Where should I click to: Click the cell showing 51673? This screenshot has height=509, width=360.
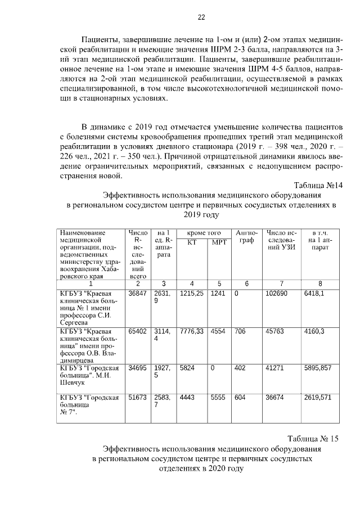coord(137,397)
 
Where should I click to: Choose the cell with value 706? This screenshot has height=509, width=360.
coord(240,331)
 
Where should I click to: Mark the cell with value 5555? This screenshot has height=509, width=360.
coord(217,397)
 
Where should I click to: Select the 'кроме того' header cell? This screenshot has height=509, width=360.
coord(204,233)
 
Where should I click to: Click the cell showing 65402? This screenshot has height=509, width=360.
coord(137,331)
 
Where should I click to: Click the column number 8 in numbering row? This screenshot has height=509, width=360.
coord(320,283)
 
